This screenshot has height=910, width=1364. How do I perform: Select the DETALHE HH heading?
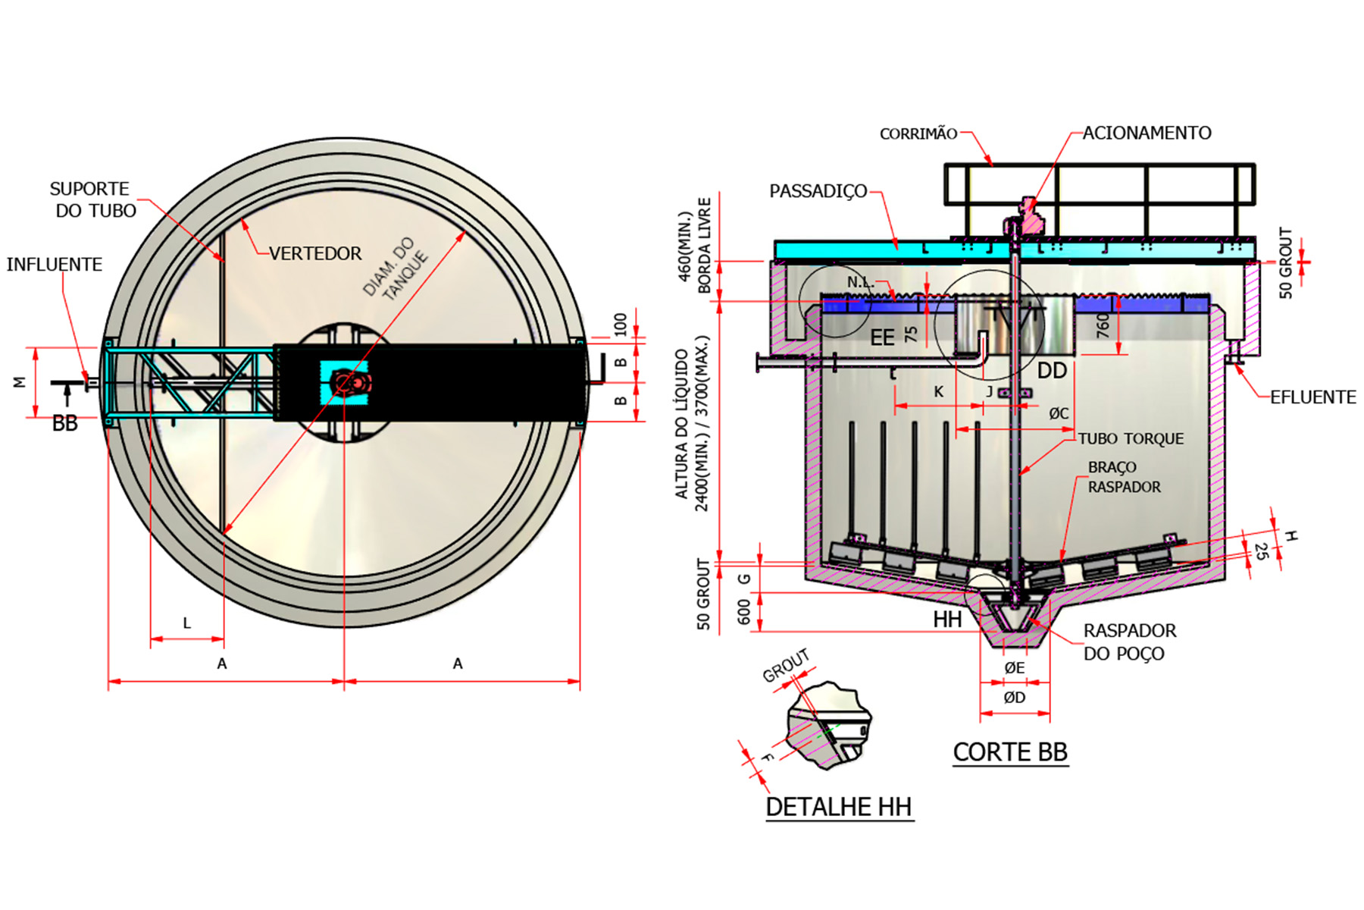[838, 806]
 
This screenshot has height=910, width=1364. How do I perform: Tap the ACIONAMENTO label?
[1147, 133]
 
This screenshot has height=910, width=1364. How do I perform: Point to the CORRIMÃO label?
[918, 134]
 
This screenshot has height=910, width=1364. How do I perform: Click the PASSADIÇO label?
[818, 191]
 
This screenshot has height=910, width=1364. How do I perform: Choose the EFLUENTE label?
[1312, 397]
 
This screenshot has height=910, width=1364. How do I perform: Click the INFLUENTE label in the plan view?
[55, 264]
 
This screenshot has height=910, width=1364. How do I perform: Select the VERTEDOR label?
[315, 253]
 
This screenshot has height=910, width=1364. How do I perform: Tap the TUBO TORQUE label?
[1131, 439]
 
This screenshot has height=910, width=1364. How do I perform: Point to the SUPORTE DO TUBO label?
[93, 199]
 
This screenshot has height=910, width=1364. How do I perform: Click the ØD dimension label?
[1014, 698]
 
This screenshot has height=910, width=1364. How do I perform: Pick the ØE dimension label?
[1014, 667]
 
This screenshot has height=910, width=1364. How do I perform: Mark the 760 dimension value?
[1103, 325]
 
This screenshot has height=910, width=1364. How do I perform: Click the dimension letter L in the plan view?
[187, 623]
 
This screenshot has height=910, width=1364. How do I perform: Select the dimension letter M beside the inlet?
[20, 382]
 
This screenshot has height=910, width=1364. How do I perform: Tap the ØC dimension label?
[1059, 413]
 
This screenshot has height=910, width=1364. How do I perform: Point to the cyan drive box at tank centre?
[345, 382]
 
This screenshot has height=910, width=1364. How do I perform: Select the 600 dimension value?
[743, 611]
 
